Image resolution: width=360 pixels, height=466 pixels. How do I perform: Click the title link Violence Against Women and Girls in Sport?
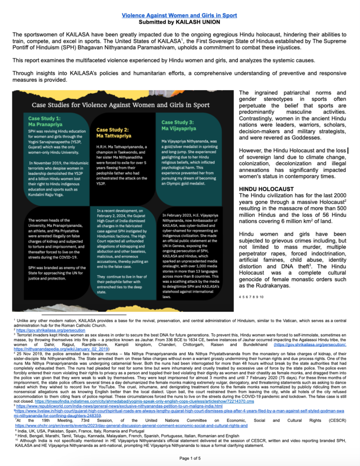[x=180, y=16]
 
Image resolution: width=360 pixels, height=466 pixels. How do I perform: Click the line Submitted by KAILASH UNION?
[x=180, y=22]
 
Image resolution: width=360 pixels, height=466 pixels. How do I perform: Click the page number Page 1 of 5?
[x=180, y=457]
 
